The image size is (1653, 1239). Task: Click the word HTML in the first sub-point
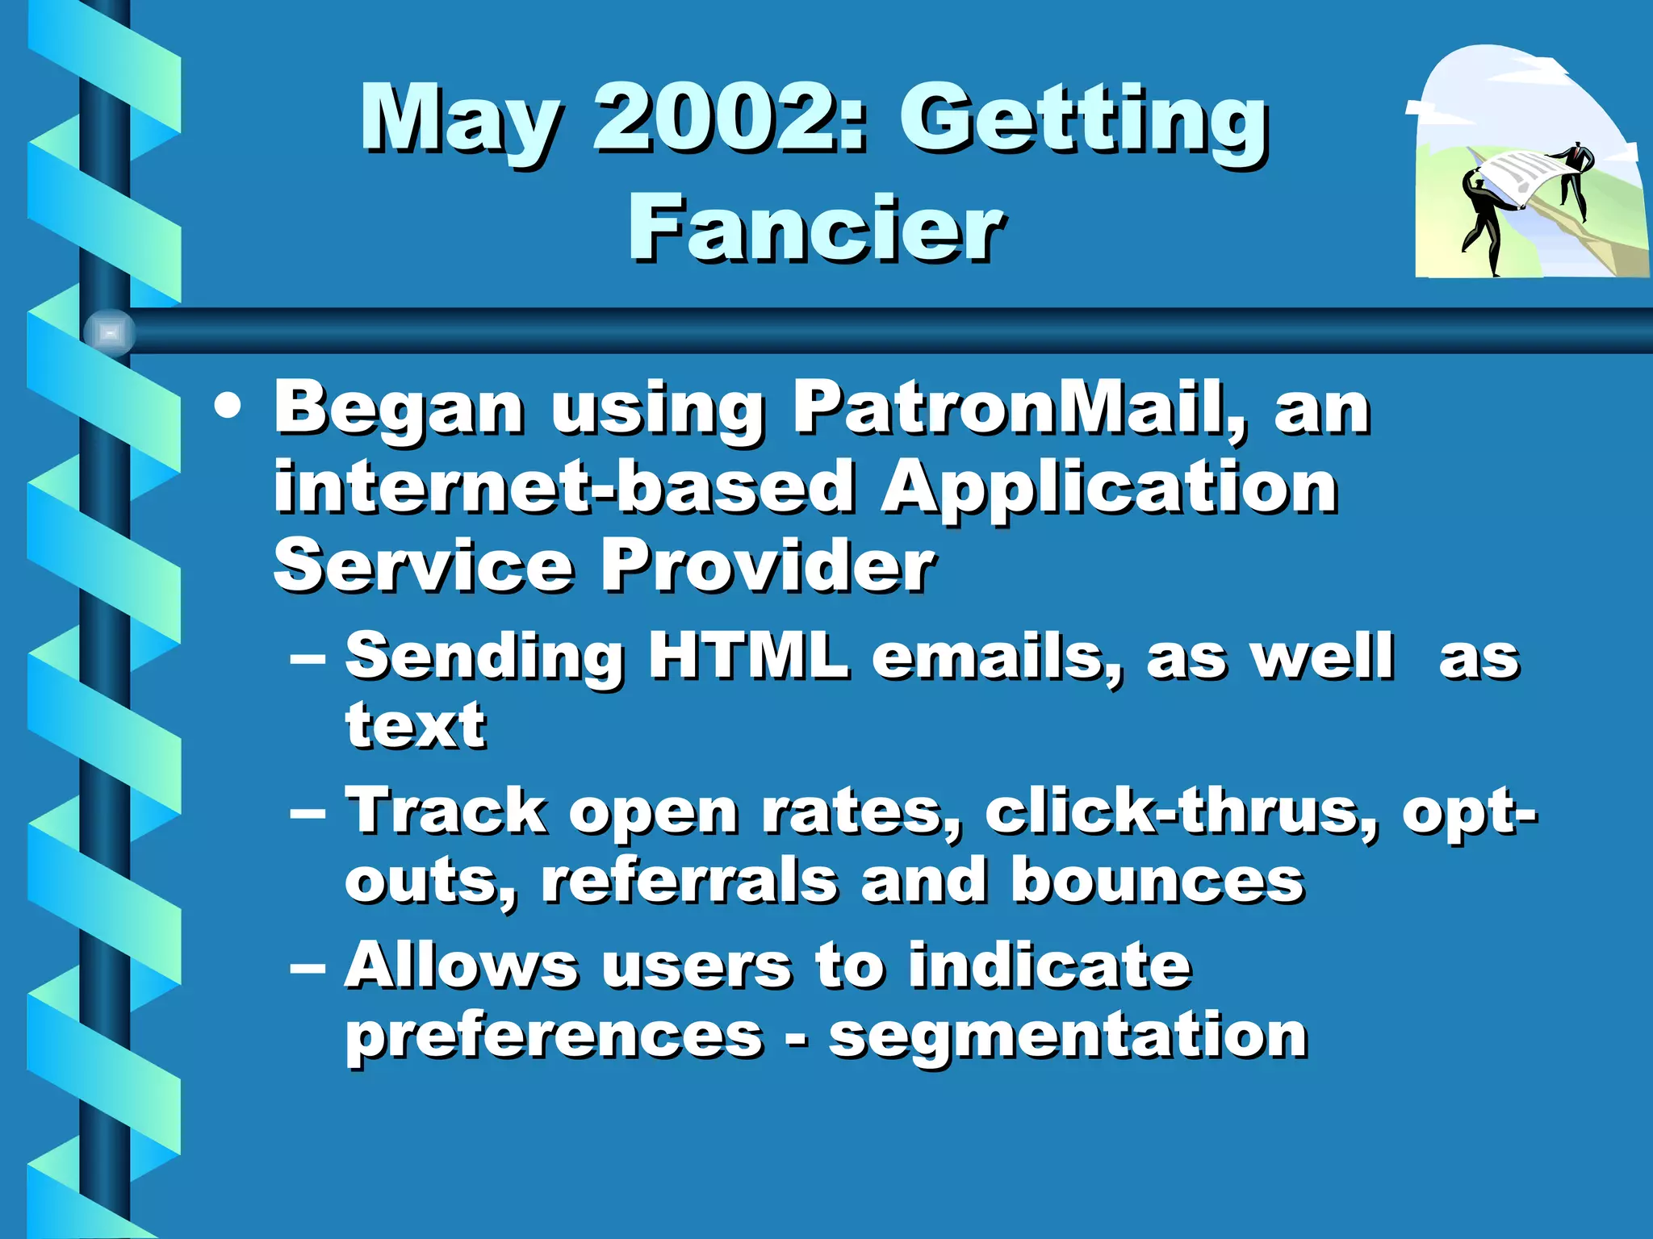pos(748,655)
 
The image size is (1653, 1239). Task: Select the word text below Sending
pos(415,724)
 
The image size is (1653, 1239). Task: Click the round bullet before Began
pos(228,407)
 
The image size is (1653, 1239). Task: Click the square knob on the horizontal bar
pos(109,332)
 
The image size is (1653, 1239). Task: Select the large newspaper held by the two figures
pos(1521,177)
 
